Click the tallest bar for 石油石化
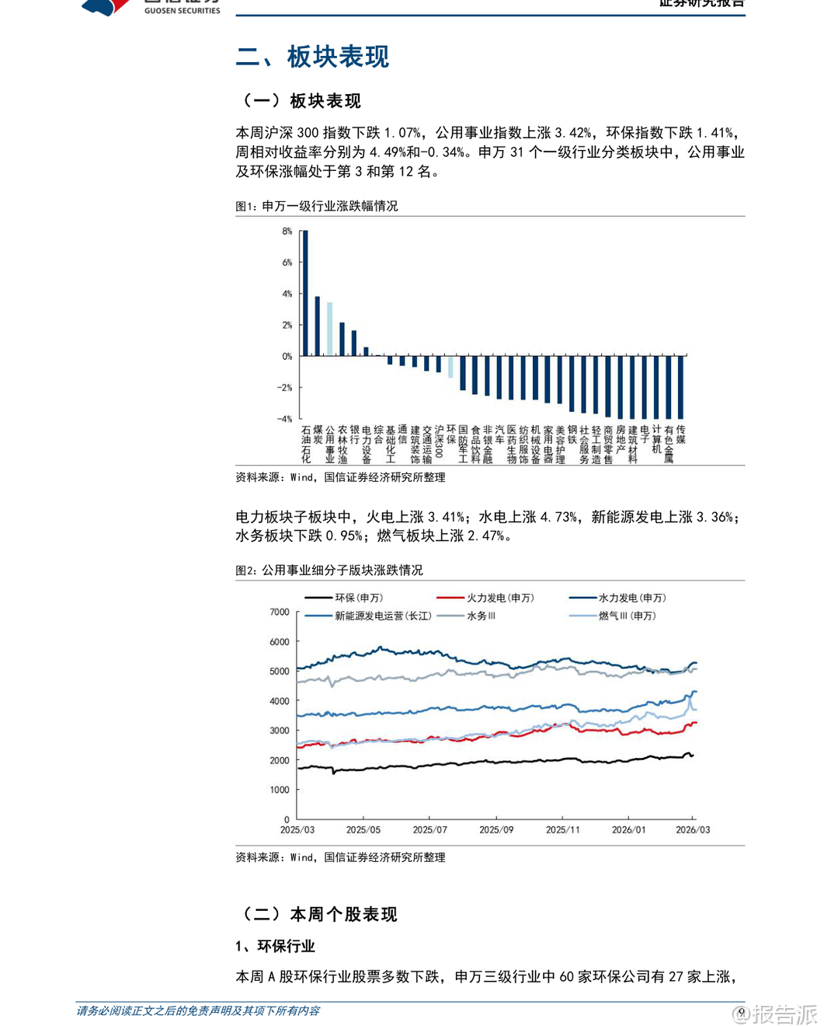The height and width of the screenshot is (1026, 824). [305, 294]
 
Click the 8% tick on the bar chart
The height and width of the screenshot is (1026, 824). [287, 232]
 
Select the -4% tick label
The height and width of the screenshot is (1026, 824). [285, 419]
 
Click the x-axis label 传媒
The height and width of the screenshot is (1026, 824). [681, 434]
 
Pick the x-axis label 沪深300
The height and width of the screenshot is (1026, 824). [439, 441]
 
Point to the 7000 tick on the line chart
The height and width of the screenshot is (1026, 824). [280, 612]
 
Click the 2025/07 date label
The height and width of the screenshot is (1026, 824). [429, 830]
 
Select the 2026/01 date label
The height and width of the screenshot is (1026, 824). [628, 830]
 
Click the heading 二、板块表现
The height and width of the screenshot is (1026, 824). [312, 57]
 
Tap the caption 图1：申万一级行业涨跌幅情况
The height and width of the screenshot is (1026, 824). [317, 206]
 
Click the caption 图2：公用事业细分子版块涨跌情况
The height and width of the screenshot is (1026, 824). [329, 571]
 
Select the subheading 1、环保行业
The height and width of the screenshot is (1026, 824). [276, 946]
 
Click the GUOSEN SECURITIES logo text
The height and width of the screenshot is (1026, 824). [182, 11]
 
